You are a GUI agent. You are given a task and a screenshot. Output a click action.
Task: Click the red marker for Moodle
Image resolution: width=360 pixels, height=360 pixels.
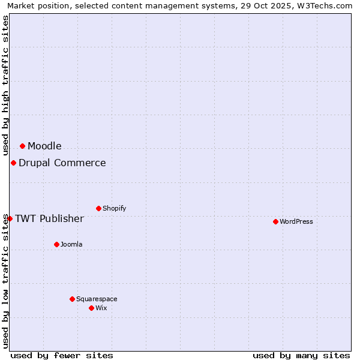coord(22,146)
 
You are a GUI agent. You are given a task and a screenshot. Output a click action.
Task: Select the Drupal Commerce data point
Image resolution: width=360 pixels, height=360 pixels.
coord(13,163)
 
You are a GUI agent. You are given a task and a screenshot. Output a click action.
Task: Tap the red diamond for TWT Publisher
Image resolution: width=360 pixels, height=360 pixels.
coord(10,218)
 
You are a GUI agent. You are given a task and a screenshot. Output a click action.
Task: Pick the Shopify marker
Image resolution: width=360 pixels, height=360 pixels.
coord(98,208)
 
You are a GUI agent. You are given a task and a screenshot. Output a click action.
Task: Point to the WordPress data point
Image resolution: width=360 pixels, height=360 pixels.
coord(275,221)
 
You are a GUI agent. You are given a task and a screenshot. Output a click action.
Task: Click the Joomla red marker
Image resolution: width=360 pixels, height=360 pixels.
coord(56,244)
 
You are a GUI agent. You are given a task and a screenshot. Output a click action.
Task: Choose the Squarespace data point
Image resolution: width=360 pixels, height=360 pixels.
coord(72,299)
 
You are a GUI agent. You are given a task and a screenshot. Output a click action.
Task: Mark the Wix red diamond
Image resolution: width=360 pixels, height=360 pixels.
coord(91,308)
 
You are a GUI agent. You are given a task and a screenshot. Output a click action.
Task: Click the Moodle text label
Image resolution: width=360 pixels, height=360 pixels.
coord(44,146)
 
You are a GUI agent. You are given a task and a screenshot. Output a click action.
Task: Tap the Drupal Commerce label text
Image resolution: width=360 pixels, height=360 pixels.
coord(62,163)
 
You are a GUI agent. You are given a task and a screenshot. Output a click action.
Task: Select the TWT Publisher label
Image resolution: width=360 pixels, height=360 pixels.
coord(49,218)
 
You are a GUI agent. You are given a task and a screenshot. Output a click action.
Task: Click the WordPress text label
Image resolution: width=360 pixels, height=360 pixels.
coord(296,221)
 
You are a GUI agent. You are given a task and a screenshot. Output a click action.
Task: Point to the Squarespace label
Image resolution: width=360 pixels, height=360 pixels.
coord(97,299)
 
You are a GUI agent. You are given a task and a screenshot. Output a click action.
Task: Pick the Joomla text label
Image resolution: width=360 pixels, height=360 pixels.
coord(71,244)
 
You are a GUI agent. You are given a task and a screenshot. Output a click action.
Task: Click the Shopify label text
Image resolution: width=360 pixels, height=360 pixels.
coord(114,208)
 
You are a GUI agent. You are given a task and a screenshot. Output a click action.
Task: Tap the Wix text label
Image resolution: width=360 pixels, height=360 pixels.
coord(101,308)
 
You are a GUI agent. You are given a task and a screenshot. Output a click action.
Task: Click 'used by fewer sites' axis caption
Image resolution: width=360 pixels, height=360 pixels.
coord(62,355)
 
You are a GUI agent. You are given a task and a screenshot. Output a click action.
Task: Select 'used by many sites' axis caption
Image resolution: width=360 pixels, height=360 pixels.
coord(301,355)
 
